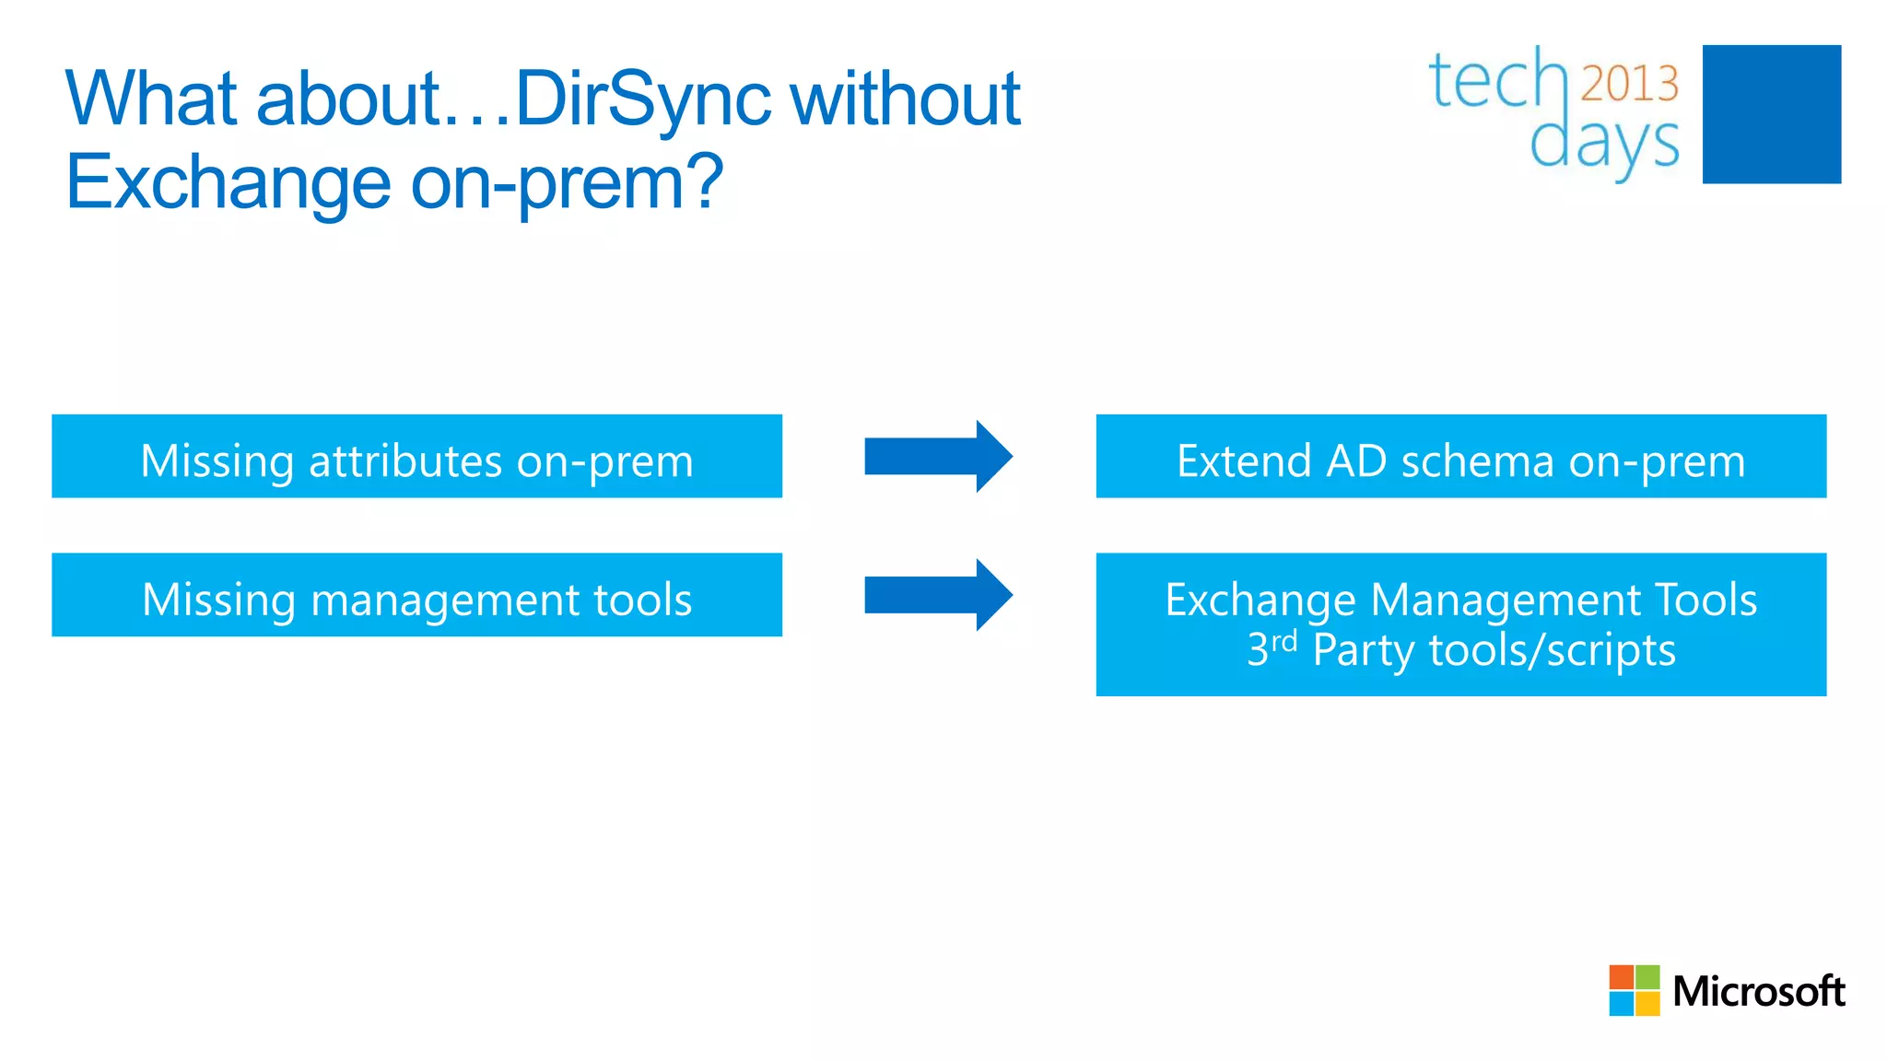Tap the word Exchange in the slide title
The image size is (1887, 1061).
pyautogui.click(x=229, y=182)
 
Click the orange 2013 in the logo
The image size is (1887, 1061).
pyautogui.click(x=1629, y=84)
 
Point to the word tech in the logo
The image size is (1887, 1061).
pyautogui.click(x=1498, y=81)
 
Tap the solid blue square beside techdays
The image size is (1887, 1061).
pyautogui.click(x=1771, y=114)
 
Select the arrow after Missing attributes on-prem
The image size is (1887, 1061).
pyautogui.click(x=937, y=456)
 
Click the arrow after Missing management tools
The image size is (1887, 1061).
pyautogui.click(x=937, y=595)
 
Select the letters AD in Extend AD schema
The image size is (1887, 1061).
pyautogui.click(x=1355, y=461)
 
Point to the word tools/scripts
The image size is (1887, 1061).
pyautogui.click(x=1552, y=650)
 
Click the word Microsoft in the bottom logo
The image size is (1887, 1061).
pyautogui.click(x=1758, y=992)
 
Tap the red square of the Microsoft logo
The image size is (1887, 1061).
pyautogui.click(x=1621, y=977)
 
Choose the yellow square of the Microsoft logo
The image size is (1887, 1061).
pyautogui.click(x=1647, y=1004)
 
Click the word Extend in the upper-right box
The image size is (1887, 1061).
pyautogui.click(x=1244, y=461)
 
